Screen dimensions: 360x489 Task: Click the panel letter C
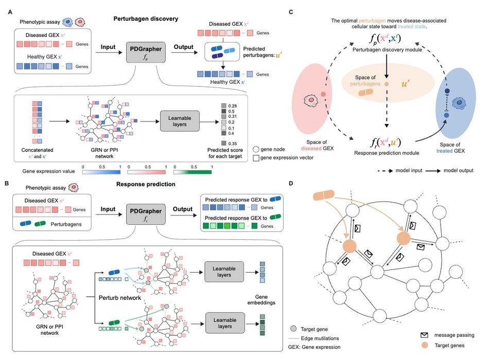292,11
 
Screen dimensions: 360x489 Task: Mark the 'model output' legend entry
451,170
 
